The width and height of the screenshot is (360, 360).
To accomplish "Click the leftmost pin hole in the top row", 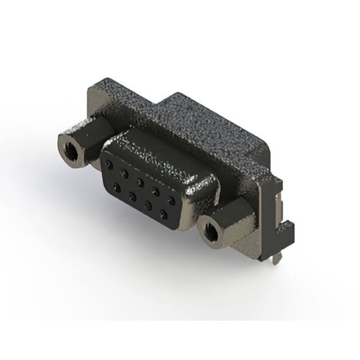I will (109, 164).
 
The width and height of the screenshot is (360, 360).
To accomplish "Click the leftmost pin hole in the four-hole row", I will (116, 186).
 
